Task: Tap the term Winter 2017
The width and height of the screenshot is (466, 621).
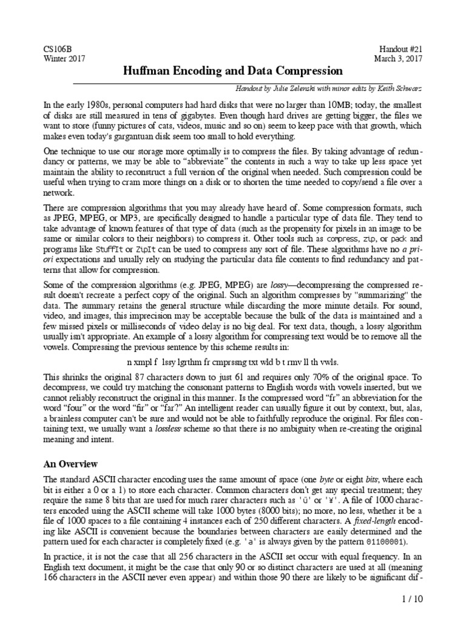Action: pyautogui.click(x=65, y=59)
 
